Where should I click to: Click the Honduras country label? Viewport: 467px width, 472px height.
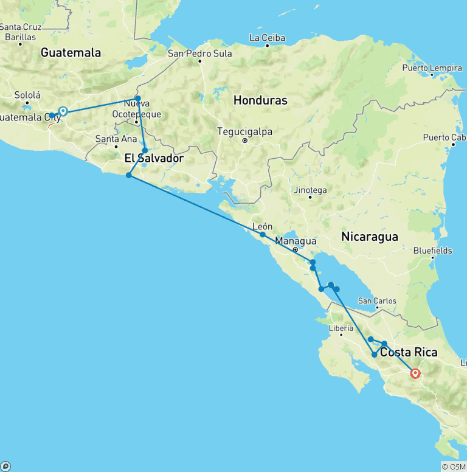click(260, 100)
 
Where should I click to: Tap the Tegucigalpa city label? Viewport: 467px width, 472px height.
click(245, 132)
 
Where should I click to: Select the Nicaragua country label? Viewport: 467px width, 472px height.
click(370, 236)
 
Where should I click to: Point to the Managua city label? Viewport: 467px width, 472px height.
click(296, 241)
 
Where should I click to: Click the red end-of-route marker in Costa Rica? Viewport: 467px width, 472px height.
click(415, 373)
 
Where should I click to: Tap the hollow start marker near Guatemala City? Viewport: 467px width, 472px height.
click(63, 111)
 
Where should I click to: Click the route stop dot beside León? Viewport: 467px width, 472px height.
click(263, 234)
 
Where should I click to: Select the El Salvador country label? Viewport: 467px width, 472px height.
click(154, 159)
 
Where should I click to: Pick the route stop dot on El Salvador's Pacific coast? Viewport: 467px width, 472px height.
click(129, 175)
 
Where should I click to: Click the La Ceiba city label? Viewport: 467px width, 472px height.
click(267, 38)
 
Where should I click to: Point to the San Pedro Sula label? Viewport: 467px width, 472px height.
click(200, 54)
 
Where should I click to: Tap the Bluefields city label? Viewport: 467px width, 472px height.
click(432, 250)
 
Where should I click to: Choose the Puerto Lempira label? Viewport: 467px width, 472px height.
click(432, 68)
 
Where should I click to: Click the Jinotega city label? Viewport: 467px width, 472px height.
click(310, 190)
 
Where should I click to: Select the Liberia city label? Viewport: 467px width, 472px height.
click(341, 328)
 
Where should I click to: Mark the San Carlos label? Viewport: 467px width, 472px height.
click(377, 300)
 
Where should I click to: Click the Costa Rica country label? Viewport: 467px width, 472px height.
click(408, 353)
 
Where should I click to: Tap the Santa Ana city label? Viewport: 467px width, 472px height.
click(116, 139)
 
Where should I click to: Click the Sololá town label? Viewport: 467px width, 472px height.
click(27, 95)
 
